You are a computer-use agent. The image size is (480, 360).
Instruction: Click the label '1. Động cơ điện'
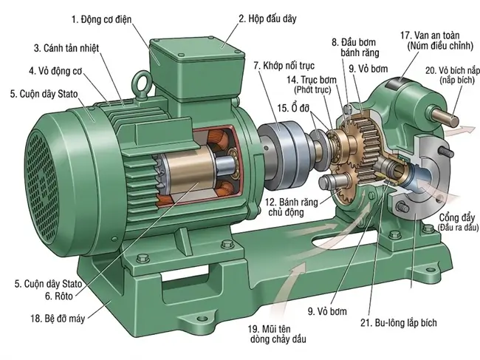101,20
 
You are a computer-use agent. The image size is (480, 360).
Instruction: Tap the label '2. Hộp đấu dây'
267,18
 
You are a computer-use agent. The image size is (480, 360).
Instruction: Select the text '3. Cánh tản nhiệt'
66,48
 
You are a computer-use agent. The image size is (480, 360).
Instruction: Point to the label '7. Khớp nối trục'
284,66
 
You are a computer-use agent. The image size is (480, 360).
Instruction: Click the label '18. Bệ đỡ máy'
58,319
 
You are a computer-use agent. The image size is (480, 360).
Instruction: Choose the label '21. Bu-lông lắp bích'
399,322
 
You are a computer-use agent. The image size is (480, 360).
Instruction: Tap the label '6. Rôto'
59,296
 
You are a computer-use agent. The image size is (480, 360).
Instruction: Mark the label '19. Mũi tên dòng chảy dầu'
278,334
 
